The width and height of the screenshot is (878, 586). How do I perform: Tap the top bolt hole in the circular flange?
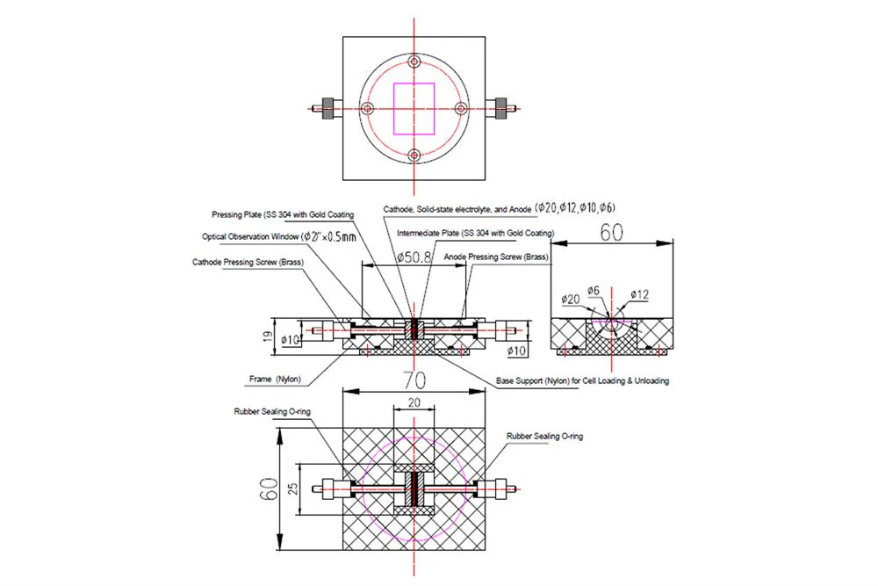point(414,61)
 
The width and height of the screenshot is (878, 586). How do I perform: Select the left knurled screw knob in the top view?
point(328,108)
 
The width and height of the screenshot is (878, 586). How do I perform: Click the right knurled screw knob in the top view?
point(500,108)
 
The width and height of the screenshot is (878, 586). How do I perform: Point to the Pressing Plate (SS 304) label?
point(282,214)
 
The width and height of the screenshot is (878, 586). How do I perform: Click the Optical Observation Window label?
point(279,236)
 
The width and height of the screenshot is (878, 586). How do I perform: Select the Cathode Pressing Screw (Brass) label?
point(248,262)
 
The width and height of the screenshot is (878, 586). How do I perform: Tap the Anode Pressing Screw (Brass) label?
point(496,257)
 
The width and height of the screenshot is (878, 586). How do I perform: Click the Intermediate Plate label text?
point(475,233)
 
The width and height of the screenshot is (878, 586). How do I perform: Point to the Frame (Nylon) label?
point(275,380)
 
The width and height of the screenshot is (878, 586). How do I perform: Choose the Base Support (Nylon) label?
point(582,381)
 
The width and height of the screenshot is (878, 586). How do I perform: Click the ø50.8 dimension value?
point(414,257)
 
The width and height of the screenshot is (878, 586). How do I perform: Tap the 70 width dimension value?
point(414,380)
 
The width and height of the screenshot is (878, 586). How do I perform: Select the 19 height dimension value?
point(268,336)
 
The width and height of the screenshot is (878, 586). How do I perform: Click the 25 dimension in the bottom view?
point(292,489)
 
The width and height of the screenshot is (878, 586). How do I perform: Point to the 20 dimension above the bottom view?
point(414,402)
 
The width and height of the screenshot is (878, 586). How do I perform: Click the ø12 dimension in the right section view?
point(639,294)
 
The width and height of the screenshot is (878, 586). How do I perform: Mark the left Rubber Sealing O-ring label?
point(272,412)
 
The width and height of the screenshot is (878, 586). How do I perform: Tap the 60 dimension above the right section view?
point(611,232)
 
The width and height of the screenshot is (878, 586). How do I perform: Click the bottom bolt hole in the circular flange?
point(414,155)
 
